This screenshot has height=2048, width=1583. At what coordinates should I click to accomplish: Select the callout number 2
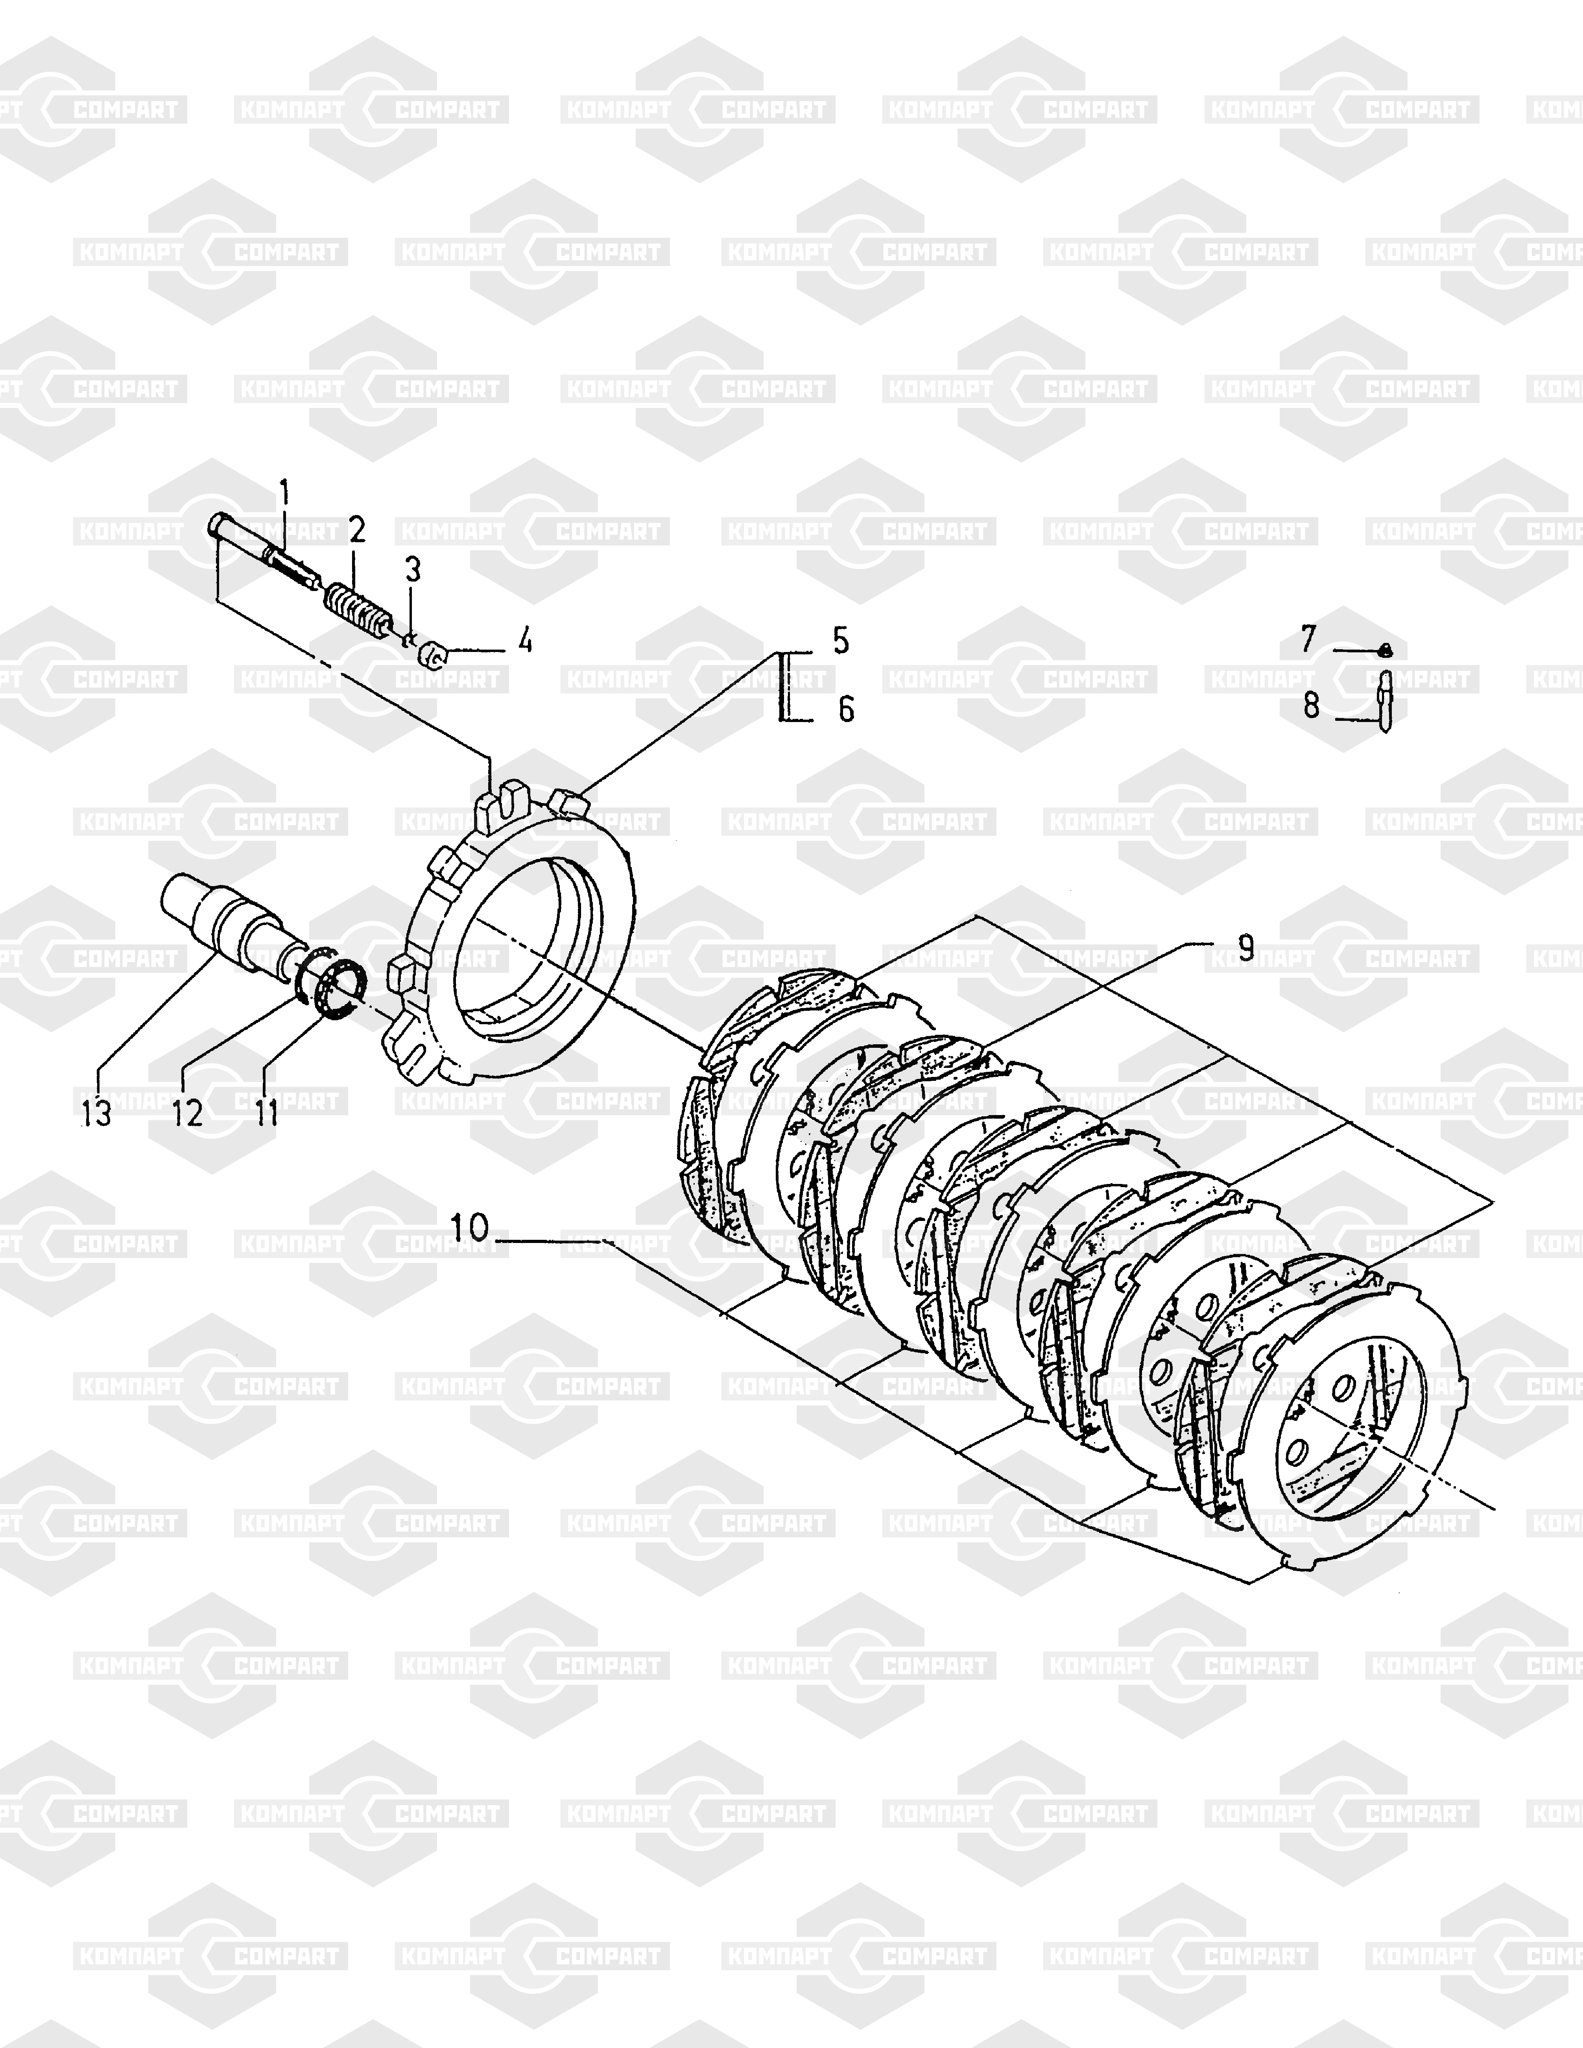(356, 530)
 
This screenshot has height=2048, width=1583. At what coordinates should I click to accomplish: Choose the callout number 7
(1308, 639)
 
